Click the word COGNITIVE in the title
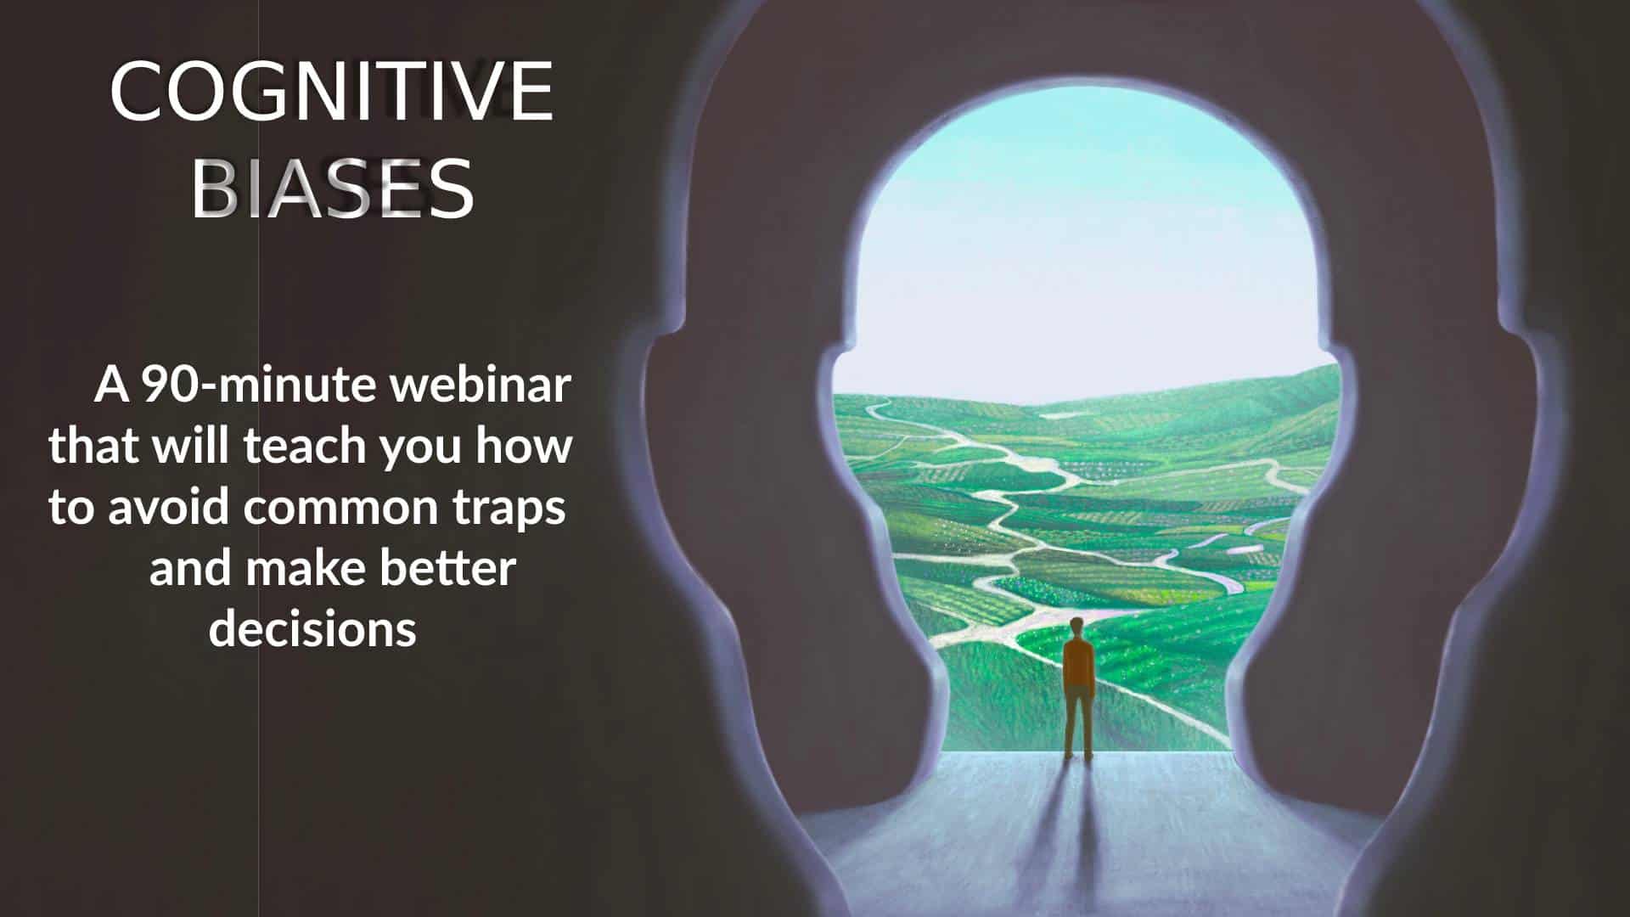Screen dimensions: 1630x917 pyautogui.click(x=332, y=91)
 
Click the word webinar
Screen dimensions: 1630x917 pyautogui.click(x=480, y=385)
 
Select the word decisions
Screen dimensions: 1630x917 pyautogui.click(x=312, y=629)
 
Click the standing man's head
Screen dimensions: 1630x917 pyautogui.click(x=1078, y=627)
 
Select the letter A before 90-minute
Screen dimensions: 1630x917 pyautogui.click(x=112, y=385)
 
